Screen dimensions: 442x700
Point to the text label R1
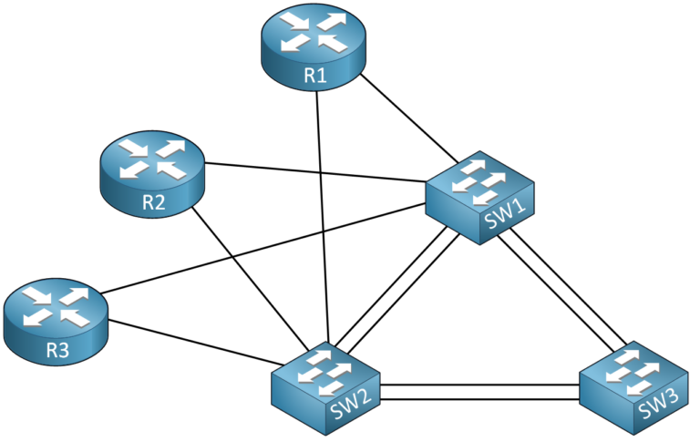tap(314, 77)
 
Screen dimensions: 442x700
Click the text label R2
tap(153, 202)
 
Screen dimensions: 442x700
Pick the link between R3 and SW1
tap(264, 246)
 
